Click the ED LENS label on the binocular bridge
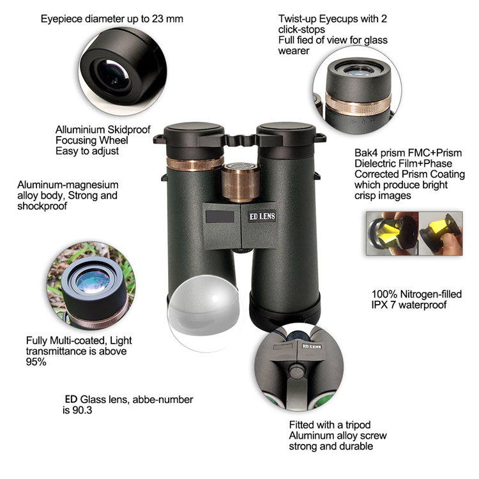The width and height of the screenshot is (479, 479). pos(262,217)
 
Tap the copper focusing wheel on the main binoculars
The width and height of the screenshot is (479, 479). pos(240,183)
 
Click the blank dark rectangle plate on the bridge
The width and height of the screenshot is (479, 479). pos(220,217)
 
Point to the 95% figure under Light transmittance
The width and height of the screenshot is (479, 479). pos(36,362)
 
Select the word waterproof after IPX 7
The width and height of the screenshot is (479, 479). pos(423,305)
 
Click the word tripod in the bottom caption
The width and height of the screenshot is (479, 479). pos(358,425)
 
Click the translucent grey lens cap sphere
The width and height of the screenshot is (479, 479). pos(205,312)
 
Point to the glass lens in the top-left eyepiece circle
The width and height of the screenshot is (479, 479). pos(113,75)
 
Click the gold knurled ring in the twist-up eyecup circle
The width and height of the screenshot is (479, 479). pos(358,105)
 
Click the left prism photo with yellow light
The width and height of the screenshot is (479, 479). pos(392,233)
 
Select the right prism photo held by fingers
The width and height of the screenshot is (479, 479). pos(441,233)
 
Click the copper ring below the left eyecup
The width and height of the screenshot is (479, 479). pos(195,163)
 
